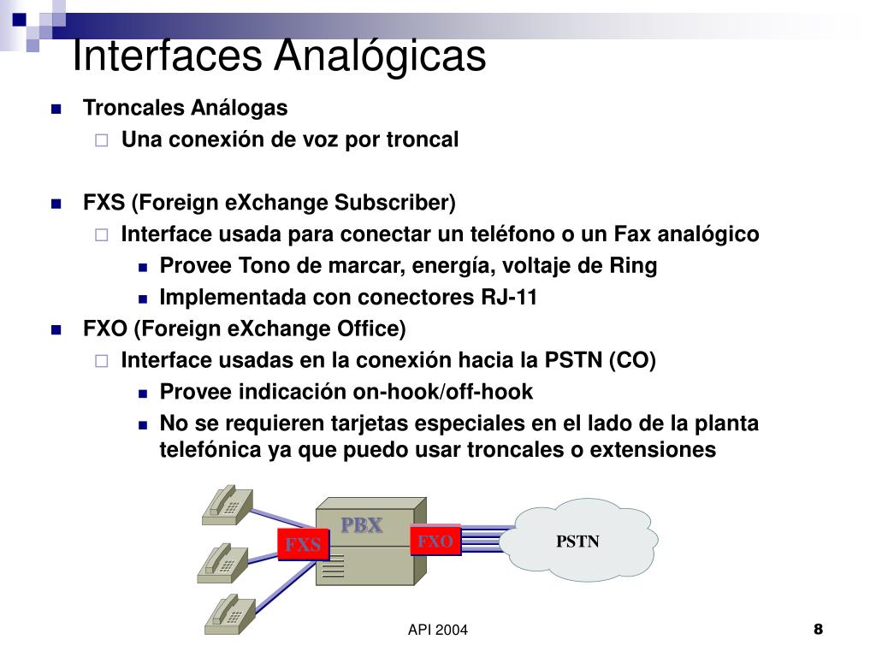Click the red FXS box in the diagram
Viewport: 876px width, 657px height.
pos(303,545)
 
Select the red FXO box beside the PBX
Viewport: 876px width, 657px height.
pos(435,541)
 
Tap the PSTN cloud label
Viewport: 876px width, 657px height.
pos(578,541)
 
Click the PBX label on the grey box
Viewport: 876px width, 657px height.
pos(362,525)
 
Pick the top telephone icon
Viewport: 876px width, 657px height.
pos(226,505)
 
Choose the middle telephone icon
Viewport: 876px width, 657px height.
pos(222,562)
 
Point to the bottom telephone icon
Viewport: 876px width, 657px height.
pos(226,613)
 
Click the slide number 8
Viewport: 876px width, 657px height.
pos(818,630)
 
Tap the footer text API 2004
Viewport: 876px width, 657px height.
pos(438,630)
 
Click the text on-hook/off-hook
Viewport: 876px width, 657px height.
pos(443,393)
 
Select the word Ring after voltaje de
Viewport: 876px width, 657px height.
pos(633,266)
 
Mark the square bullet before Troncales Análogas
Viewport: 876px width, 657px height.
pos(56,109)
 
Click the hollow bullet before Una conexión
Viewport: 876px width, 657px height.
pos(102,140)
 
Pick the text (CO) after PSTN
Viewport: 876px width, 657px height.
pos(632,361)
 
